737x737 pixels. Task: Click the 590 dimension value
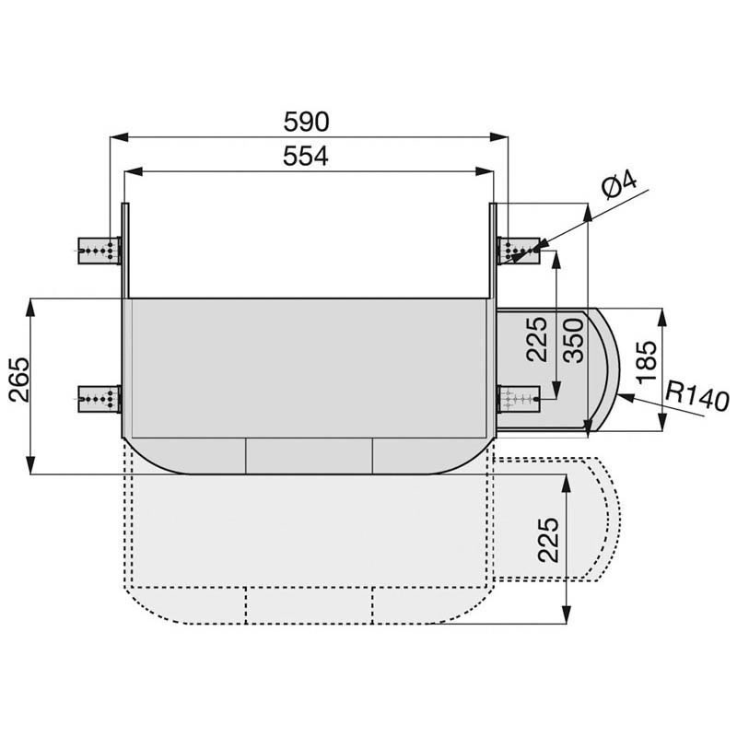[x=306, y=122]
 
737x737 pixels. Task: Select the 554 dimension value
[x=306, y=156]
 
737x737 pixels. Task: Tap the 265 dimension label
[x=19, y=380]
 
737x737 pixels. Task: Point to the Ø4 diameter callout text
[x=620, y=185]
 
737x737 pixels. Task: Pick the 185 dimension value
[x=648, y=361]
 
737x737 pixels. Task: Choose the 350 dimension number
[x=573, y=340]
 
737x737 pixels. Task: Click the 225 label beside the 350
[x=537, y=338]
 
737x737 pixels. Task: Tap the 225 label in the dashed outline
[x=548, y=540]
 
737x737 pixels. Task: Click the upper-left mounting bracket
[x=99, y=251]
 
